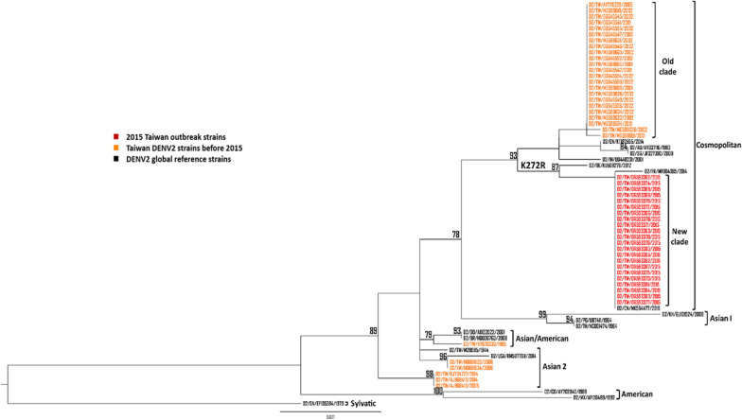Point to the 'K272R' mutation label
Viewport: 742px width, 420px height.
533,166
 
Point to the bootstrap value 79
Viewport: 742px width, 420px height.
428,334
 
